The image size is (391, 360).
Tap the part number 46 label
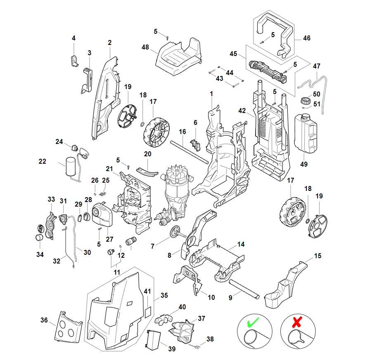[306, 38]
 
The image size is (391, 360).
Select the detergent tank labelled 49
[306, 132]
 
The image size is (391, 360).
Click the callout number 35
[164, 295]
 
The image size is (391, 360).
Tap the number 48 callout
[145, 47]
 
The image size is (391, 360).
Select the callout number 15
[318, 256]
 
